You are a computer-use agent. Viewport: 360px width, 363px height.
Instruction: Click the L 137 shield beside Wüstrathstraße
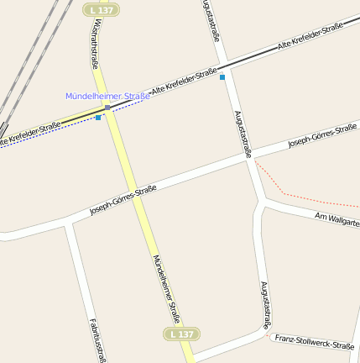[x=102, y=9]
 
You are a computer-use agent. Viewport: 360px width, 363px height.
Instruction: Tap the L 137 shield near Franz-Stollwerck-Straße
[x=180, y=334]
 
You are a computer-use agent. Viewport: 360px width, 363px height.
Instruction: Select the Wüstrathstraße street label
[x=93, y=45]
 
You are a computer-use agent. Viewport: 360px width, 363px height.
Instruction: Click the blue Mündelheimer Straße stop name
[x=107, y=96]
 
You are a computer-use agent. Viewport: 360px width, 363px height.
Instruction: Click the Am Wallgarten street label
[x=337, y=220]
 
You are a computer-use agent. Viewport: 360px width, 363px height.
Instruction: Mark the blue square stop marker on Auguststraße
[x=222, y=77]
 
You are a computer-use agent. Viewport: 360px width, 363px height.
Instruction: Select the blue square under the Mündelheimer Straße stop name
[x=98, y=118]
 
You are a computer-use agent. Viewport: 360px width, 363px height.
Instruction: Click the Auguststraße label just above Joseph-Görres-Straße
[x=243, y=134]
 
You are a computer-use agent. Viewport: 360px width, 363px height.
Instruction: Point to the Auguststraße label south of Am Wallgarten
[x=266, y=305]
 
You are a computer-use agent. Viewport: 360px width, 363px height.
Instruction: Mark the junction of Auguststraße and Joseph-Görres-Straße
[x=249, y=159]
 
